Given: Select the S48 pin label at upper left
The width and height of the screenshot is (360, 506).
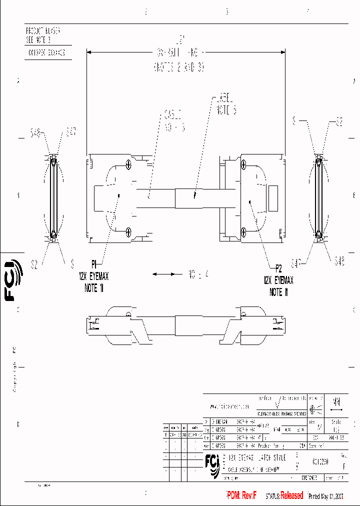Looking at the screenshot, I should pos(35,133).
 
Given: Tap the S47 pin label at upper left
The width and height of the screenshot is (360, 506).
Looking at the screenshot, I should pos(71,132).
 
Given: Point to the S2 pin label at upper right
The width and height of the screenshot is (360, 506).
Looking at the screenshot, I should pos(338,121).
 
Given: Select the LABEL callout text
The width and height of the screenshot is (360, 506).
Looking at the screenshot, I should pos(225,104).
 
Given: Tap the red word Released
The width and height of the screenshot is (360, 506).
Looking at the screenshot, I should pos(291,495).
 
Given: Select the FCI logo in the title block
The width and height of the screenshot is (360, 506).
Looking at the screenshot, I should pos(212,464).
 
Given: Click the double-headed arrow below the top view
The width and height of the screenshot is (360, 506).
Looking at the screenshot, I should pos(167,274).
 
